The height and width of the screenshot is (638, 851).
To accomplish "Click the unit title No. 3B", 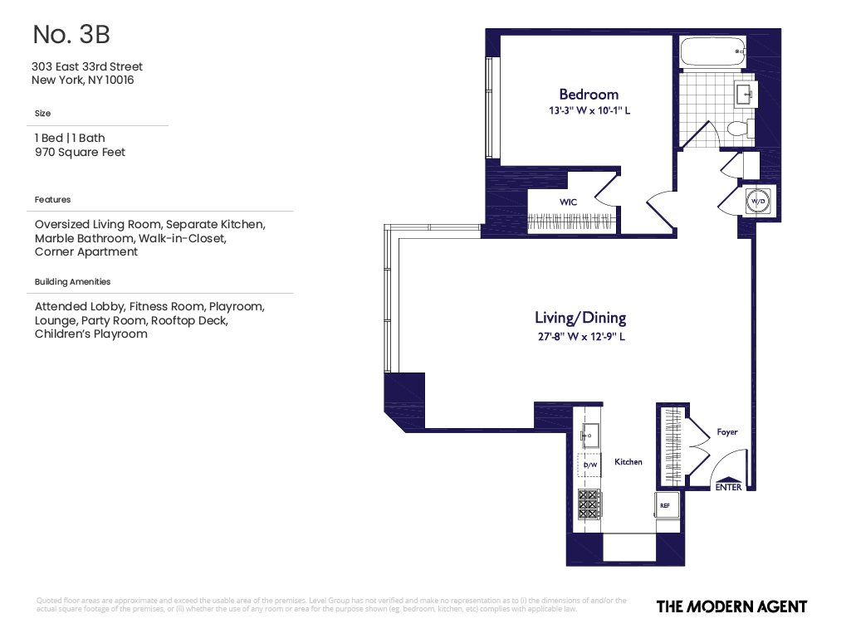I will pos(71,35).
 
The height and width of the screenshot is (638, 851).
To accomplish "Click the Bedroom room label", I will pos(588,95).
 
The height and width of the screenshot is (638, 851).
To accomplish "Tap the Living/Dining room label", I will pos(580,318).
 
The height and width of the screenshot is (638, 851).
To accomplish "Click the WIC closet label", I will pos(568,202).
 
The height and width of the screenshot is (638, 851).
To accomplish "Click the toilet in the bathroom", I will pos(738,129).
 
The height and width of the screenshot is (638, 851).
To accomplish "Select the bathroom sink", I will pos(745,94).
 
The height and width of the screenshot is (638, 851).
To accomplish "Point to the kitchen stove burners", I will pos(590,503).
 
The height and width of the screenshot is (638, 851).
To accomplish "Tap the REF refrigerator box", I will pos(667,504).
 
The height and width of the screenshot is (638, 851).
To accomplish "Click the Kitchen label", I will pos(628,462).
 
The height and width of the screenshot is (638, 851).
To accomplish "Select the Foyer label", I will pos(726,432).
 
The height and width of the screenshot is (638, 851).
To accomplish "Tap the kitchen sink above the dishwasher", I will pos(590,434).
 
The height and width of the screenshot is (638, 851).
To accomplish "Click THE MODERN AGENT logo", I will pos(731,606).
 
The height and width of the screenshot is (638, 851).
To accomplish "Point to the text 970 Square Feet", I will pos(80,153).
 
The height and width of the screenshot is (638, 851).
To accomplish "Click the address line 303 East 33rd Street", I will pos(86,66).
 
